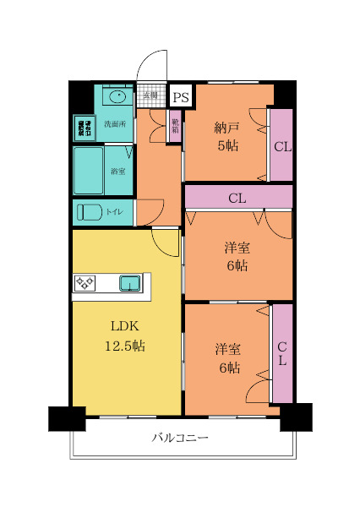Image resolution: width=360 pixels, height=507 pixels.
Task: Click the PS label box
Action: click(x=180, y=97)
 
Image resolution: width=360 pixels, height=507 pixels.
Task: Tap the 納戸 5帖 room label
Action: click(x=226, y=136)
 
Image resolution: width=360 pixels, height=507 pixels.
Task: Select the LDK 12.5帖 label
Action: click(x=125, y=335)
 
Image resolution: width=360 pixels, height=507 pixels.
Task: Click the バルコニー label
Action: click(x=180, y=439)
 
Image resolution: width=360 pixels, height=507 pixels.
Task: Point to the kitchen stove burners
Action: click(x=85, y=283)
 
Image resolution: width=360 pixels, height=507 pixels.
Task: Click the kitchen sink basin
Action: click(x=130, y=283)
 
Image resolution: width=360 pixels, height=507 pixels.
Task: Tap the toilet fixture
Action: click(x=89, y=211)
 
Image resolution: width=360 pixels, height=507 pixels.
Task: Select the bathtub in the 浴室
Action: click(x=89, y=170)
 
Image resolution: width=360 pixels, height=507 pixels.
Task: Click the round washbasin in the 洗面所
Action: click(x=117, y=96)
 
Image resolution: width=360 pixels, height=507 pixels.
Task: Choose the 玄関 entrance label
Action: click(x=150, y=95)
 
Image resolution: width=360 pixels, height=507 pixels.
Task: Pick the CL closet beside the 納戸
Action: click(x=281, y=145)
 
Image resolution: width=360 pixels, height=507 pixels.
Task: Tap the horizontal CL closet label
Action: click(x=237, y=199)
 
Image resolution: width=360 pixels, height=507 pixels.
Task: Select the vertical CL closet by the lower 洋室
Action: click(x=282, y=353)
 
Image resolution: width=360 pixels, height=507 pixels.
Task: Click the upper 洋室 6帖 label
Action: click(x=237, y=256)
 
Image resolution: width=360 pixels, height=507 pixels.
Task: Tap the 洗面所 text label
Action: click(x=115, y=124)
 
